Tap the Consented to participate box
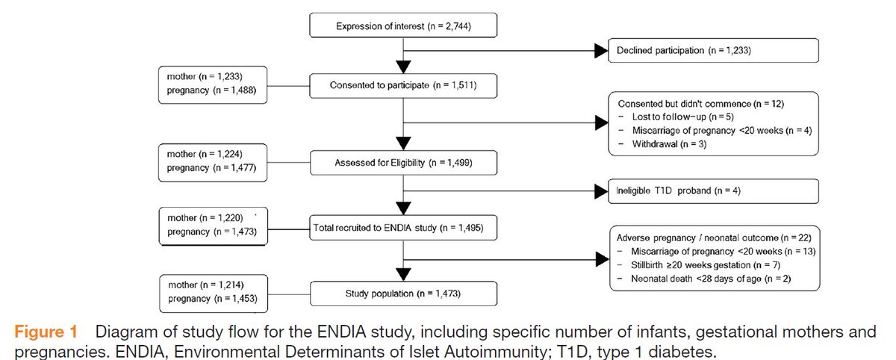[x=403, y=85]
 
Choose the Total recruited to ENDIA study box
[x=403, y=226]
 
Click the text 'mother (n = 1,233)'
[x=206, y=77]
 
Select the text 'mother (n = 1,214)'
[x=206, y=286]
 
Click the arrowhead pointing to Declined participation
[x=601, y=51]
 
